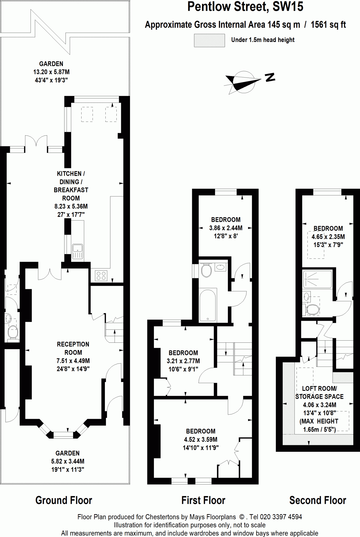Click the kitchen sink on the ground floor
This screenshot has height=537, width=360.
click(x=78, y=251)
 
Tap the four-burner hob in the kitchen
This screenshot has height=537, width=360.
click(x=101, y=276)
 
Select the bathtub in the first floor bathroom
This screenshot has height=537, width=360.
click(x=208, y=305)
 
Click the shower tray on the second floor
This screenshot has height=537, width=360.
click(x=318, y=279)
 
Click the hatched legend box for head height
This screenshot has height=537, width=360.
click(x=209, y=40)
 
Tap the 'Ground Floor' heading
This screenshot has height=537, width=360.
click(x=64, y=500)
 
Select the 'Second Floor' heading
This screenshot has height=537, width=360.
click(x=318, y=500)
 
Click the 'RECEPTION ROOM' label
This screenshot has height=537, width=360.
click(x=73, y=348)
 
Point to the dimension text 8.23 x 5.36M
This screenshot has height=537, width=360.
click(x=71, y=206)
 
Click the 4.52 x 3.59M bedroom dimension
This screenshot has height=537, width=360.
click(x=201, y=439)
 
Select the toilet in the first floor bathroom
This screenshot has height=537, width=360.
click(x=206, y=270)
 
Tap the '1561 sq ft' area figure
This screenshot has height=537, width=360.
click(x=328, y=25)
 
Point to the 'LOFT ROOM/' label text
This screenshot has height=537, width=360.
click(x=319, y=388)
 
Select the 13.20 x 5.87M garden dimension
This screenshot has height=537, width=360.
click(x=51, y=72)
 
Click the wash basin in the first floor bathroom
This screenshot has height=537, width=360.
click(x=220, y=267)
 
